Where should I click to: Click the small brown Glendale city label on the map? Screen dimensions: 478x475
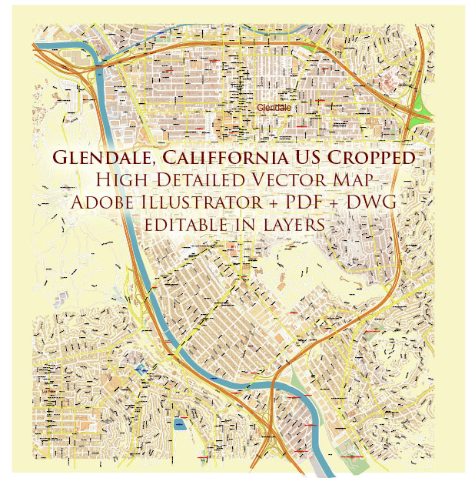(x=274, y=107)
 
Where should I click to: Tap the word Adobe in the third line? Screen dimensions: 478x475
(x=102, y=203)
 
